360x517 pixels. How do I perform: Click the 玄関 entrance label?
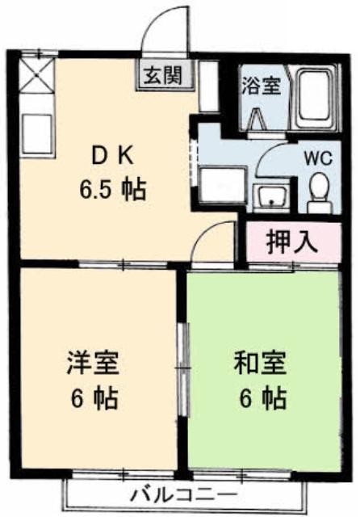(x=164, y=75)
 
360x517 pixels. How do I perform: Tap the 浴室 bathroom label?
(x=262, y=86)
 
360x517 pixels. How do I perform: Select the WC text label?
(x=318, y=160)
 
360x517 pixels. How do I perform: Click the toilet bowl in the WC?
(x=320, y=191)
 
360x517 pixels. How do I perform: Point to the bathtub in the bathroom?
(x=316, y=99)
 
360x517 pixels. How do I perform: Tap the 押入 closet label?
(x=292, y=242)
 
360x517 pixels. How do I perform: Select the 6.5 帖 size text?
(x=112, y=190)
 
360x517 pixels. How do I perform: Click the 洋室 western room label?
(x=93, y=363)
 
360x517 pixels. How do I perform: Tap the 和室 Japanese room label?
(x=260, y=363)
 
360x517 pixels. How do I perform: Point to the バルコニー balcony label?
(x=185, y=495)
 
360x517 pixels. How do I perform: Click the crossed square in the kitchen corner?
(x=37, y=74)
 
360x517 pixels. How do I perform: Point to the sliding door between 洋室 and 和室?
(x=183, y=371)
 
